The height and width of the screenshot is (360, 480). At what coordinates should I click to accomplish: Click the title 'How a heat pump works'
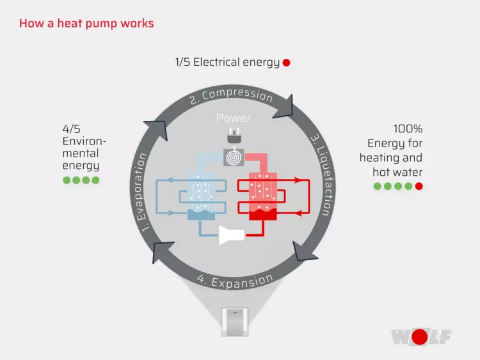click(x=86, y=24)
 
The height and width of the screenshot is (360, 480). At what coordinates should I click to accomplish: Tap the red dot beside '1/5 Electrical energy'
click(x=286, y=63)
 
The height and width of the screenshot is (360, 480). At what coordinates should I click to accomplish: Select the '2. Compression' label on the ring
click(x=231, y=96)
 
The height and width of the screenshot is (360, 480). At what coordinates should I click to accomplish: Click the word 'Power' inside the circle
click(x=234, y=118)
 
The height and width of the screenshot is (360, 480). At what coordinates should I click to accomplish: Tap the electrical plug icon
click(x=233, y=136)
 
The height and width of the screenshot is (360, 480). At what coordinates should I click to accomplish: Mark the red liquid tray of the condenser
click(x=265, y=214)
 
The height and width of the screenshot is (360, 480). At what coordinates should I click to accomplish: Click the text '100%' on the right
click(x=408, y=129)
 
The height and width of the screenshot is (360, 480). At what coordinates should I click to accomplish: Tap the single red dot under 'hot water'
click(x=419, y=186)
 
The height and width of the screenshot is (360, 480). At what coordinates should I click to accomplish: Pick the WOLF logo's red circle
click(x=420, y=336)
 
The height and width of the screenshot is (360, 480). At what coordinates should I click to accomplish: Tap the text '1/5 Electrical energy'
click(x=227, y=62)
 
